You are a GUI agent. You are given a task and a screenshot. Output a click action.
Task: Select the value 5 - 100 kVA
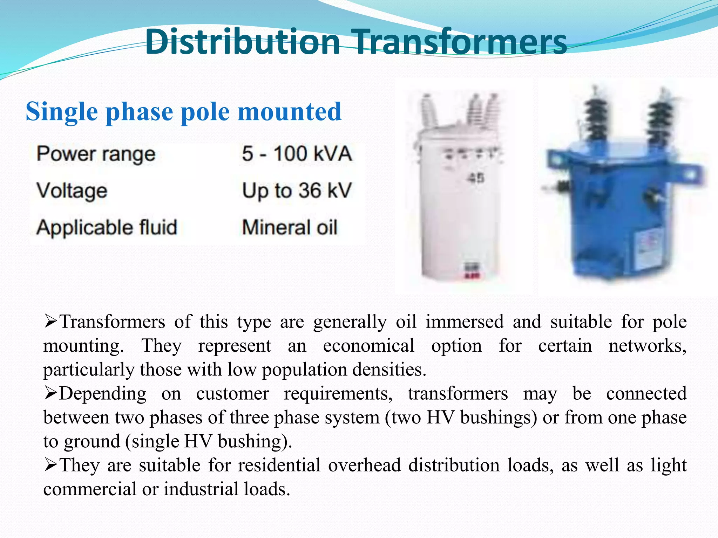click(x=297, y=154)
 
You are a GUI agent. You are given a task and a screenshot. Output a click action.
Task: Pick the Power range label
click(x=96, y=154)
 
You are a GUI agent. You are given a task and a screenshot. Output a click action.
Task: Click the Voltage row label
click(x=72, y=191)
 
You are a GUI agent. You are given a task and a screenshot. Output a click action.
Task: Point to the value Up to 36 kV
click(x=297, y=191)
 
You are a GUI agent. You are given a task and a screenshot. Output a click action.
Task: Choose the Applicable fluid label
click(x=107, y=227)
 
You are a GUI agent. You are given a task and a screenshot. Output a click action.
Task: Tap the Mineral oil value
click(x=290, y=227)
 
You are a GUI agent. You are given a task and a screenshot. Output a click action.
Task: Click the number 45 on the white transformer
click(x=475, y=178)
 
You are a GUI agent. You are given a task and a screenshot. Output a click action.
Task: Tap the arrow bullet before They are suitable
click(x=51, y=465)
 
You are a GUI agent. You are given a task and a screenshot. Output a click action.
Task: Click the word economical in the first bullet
click(x=368, y=346)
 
